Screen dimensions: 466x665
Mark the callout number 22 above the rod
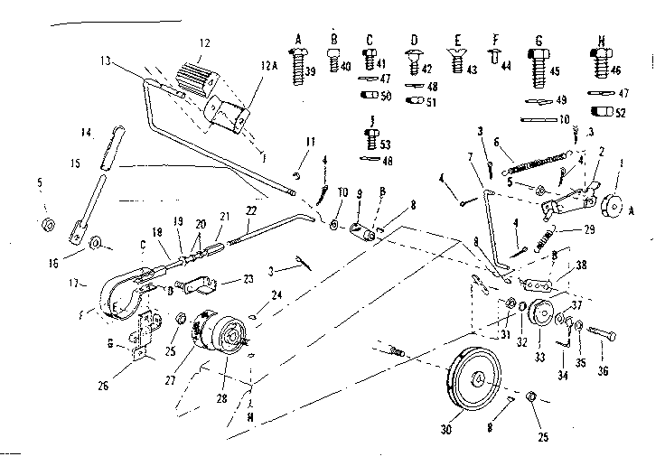point(251,211)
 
